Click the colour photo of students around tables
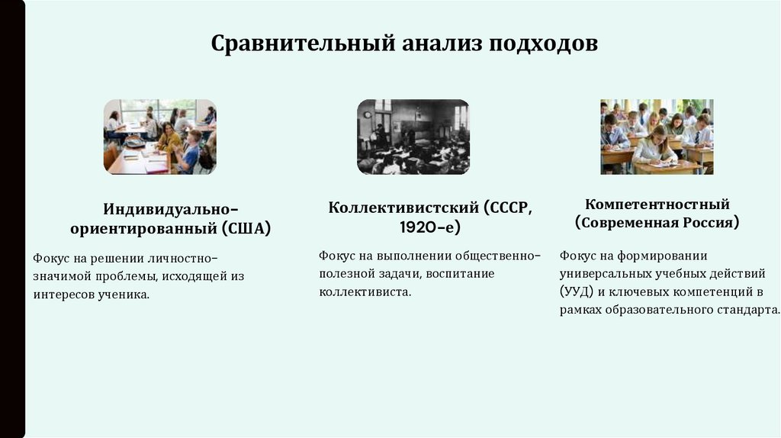160,137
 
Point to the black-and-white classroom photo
413,137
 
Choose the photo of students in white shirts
657,137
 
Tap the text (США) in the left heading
247,227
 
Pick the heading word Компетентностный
657,205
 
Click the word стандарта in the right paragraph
753,311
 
